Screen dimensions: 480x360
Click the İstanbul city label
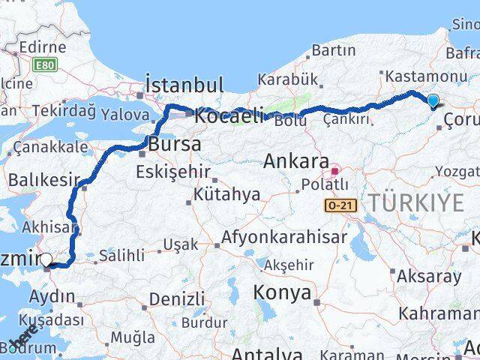tap(183, 84)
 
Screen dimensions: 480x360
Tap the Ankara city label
tap(296, 162)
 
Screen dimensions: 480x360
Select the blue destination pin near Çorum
tap(433, 101)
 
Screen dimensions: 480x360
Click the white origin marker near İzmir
tap(46, 260)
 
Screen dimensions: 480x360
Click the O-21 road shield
tap(339, 205)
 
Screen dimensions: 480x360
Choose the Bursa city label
tap(175, 144)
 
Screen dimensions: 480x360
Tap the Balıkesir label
tap(43, 181)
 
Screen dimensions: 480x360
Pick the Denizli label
tap(177, 299)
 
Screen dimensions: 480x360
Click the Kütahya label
tap(226, 195)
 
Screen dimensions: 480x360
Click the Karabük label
tap(283, 79)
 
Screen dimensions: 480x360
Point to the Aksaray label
tap(430, 276)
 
